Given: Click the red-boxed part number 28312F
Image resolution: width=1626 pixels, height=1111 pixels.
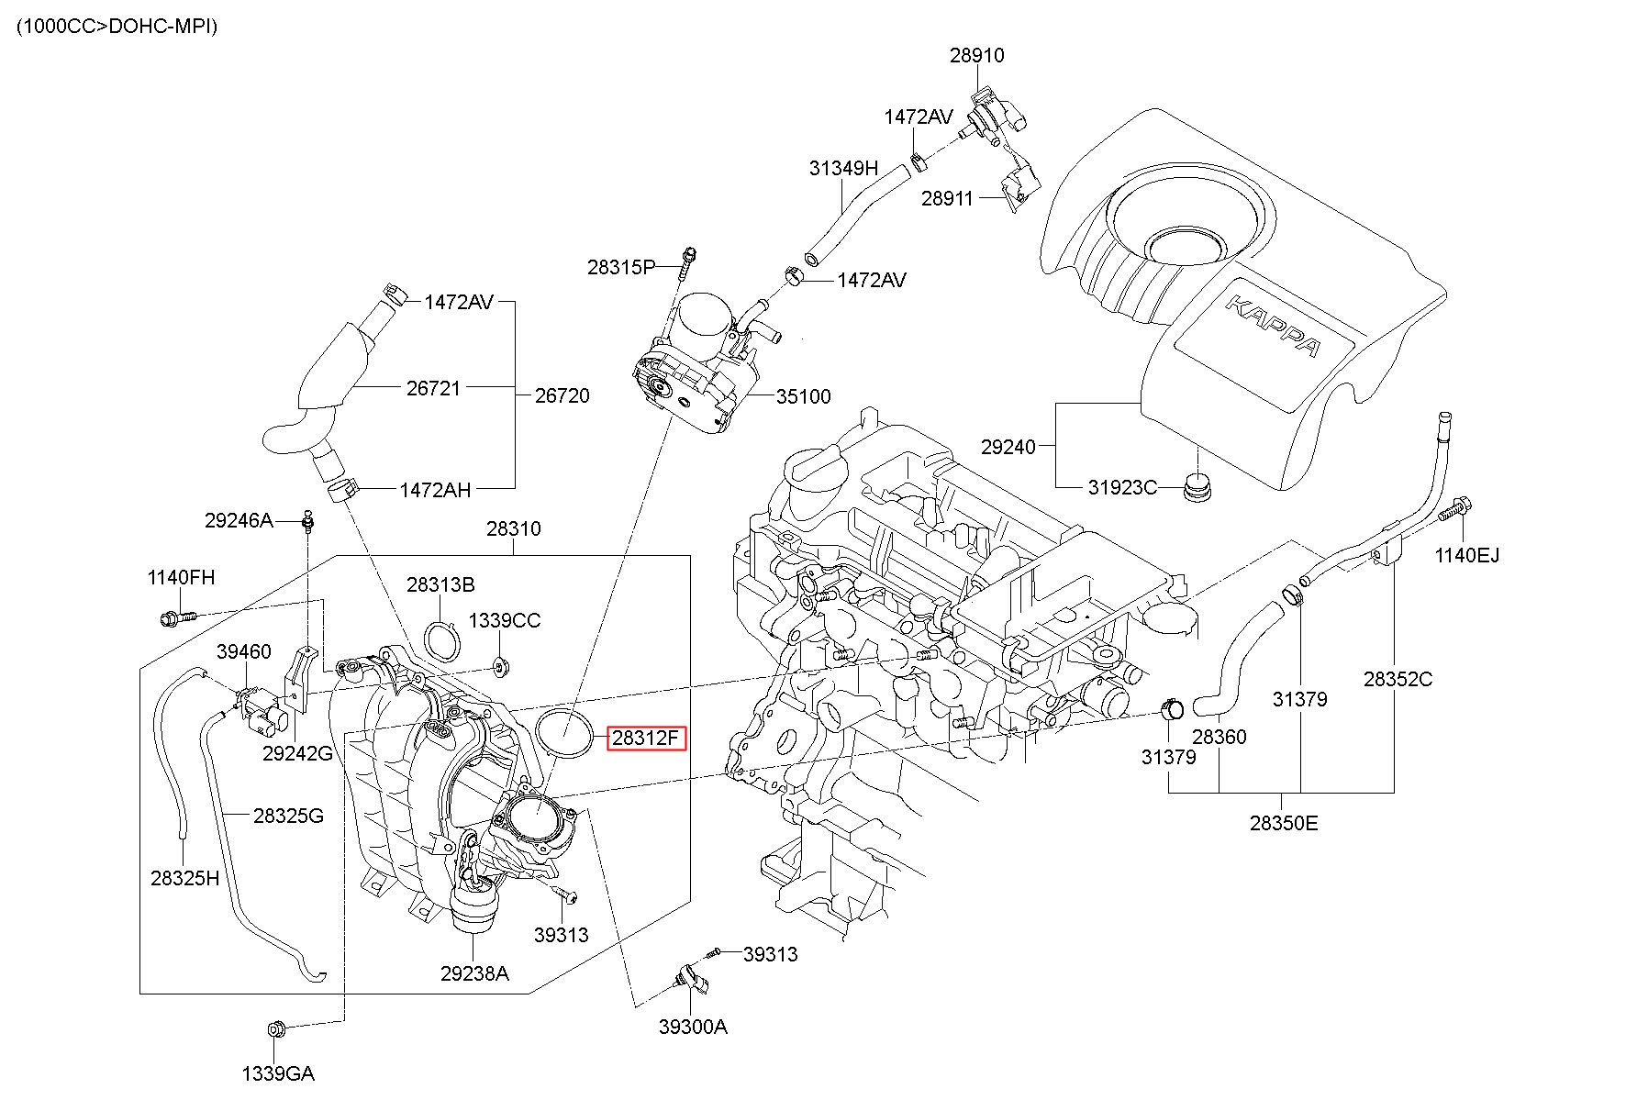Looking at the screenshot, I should [x=646, y=738].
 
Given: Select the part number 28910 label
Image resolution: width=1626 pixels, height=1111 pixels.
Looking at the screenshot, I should [x=976, y=55].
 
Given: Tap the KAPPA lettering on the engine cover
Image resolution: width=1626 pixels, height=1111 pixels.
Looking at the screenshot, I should [x=1274, y=326].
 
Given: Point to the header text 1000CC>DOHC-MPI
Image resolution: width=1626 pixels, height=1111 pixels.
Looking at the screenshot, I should [x=117, y=27].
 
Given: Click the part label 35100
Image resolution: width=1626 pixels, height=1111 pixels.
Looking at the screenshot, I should [x=803, y=396].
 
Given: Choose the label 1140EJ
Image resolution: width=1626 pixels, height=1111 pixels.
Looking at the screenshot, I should [x=1466, y=555].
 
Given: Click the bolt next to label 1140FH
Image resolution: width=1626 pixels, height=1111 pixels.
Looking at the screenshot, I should [x=175, y=618].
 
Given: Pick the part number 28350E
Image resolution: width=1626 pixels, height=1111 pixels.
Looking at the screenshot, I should [x=1283, y=823].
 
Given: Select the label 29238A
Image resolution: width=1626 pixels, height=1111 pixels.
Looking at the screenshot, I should [x=473, y=973].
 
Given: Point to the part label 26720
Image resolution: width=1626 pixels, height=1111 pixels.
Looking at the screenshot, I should [x=562, y=395].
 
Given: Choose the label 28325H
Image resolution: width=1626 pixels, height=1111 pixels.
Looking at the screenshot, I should [x=184, y=878].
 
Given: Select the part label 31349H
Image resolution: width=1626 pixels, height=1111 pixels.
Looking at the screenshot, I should [x=843, y=168].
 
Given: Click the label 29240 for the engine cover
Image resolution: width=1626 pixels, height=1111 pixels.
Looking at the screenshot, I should [x=1008, y=447].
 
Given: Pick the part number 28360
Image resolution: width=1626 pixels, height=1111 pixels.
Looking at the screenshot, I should [x=1219, y=736].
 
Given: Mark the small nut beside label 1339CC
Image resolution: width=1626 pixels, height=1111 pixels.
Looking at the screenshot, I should [x=500, y=664].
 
